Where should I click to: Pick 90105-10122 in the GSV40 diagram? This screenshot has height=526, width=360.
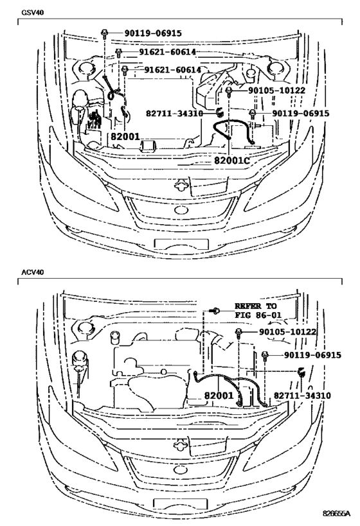[269, 91]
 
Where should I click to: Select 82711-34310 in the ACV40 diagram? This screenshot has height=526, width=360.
[302, 396]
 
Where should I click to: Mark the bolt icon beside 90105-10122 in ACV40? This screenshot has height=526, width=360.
[239, 332]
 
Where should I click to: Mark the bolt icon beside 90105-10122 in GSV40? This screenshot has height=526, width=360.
[228, 91]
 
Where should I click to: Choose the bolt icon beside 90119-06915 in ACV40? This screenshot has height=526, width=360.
[265, 355]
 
